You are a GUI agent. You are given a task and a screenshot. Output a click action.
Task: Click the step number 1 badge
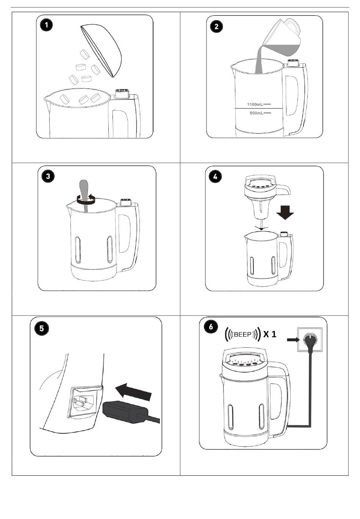46,25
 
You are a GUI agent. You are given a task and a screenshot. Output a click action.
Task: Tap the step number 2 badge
216,26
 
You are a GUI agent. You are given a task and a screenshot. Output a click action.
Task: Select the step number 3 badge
48,176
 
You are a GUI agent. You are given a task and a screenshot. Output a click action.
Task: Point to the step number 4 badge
215,177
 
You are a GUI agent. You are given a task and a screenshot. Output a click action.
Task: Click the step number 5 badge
41,329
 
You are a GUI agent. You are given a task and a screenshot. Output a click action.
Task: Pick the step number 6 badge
211,327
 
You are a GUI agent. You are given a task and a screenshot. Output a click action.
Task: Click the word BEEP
243,334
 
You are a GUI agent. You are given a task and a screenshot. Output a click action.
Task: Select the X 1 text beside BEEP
270,334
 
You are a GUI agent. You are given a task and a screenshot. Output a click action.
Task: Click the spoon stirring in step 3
85,195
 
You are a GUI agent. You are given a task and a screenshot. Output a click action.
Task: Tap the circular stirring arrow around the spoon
86,202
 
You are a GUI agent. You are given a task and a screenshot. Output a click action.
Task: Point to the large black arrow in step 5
133,392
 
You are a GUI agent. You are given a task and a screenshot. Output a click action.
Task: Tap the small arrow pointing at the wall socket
293,339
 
